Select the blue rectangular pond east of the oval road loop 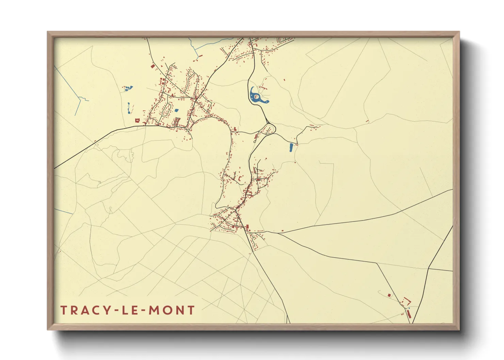coord(291,147)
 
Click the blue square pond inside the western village coord(176,110)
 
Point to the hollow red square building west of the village coord(137,120)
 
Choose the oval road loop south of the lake coord(268,129)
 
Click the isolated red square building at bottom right coord(389,295)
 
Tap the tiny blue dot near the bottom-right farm coord(409,308)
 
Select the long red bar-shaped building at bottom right coord(409,314)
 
